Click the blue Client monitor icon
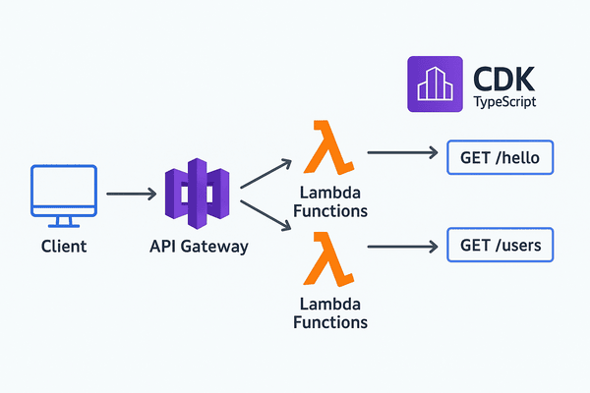point(64,189)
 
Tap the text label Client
point(64,246)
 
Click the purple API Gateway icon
point(196,193)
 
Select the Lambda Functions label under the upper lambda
point(330,201)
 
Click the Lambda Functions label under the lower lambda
point(330,312)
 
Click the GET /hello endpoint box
point(501,156)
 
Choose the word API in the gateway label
point(163,246)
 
